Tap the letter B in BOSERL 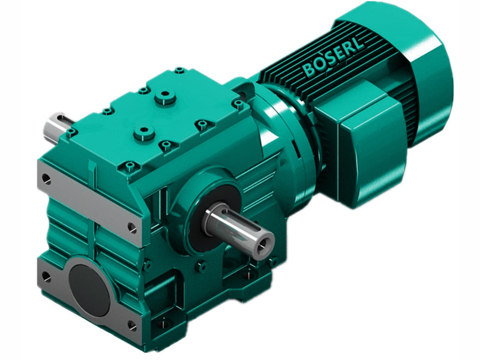pos(310,70)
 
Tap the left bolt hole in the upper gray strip pos(47,179)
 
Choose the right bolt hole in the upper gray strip pos(131,226)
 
